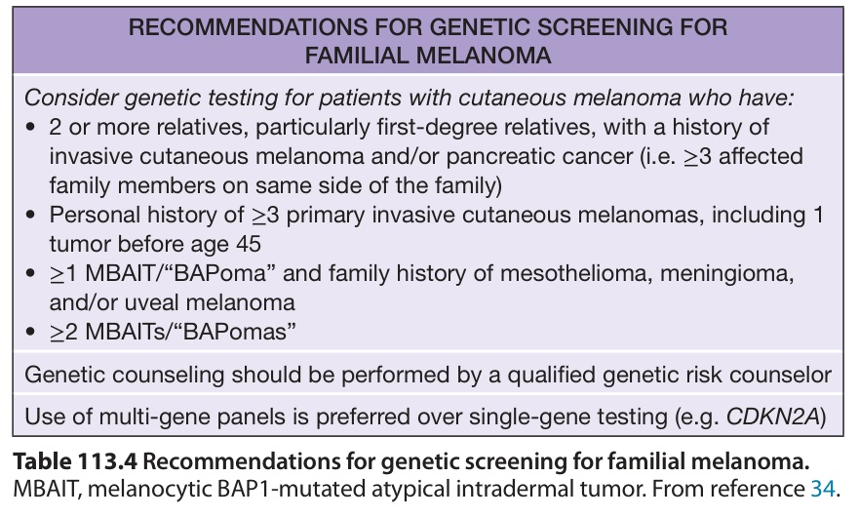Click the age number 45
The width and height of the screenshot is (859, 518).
click(x=249, y=244)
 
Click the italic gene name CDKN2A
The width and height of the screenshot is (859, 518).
click(x=772, y=418)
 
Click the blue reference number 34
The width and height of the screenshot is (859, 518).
click(x=823, y=489)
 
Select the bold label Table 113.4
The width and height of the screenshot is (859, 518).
click(x=75, y=461)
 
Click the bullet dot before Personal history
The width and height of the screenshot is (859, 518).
click(x=30, y=216)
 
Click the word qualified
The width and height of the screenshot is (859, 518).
click(x=551, y=375)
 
